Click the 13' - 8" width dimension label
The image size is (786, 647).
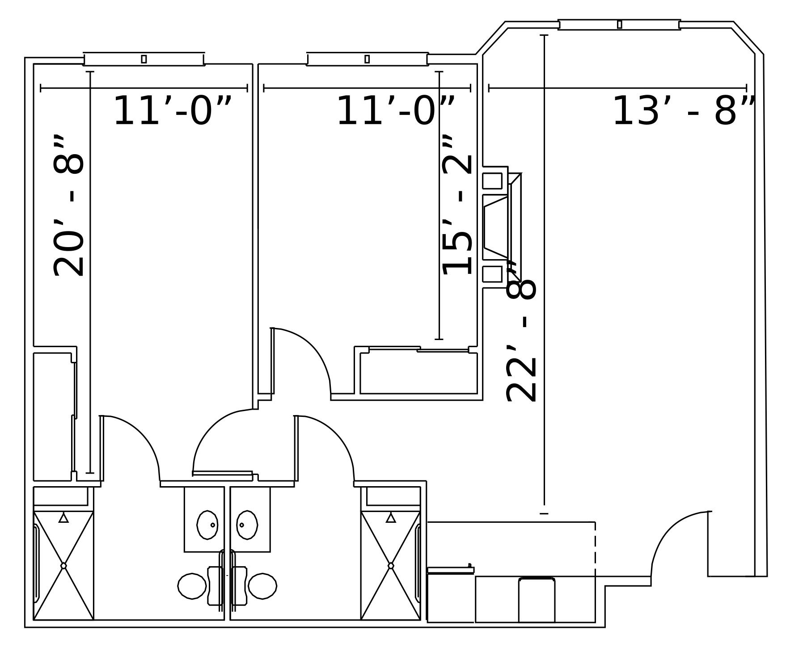point(683,111)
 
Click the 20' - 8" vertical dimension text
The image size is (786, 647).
point(69,206)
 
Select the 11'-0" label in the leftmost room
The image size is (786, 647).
point(172,111)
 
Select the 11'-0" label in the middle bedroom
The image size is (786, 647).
point(395,111)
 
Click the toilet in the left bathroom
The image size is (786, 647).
point(192,586)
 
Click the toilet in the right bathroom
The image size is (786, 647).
point(262,586)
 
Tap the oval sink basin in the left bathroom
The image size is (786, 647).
point(207,525)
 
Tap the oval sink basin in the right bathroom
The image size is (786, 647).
point(247,525)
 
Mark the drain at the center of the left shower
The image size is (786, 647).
point(63,566)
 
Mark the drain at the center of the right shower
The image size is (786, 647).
point(391,566)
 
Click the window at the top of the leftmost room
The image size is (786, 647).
point(144,59)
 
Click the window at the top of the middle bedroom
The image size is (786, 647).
point(367,59)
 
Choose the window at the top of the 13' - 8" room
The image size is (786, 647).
point(619,25)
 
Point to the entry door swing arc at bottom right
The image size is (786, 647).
point(671,532)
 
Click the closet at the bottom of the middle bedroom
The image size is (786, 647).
point(418,373)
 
